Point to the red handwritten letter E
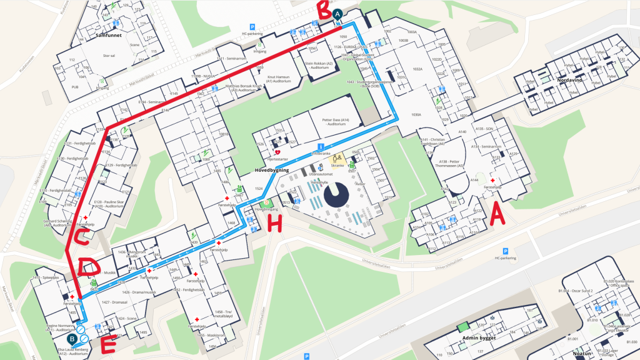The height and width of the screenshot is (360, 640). [x=108, y=344]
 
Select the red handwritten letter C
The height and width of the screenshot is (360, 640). [x=81, y=238]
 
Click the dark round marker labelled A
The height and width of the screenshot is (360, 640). [x=338, y=13]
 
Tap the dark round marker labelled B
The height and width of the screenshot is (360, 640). [x=72, y=339]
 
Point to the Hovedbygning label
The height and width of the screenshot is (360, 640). [x=271, y=169]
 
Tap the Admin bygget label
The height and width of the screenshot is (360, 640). [x=478, y=338]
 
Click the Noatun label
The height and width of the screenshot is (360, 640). [x=584, y=353]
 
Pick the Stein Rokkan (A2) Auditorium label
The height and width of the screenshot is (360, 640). [x=317, y=65]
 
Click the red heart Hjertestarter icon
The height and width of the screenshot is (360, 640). [x=277, y=152]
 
